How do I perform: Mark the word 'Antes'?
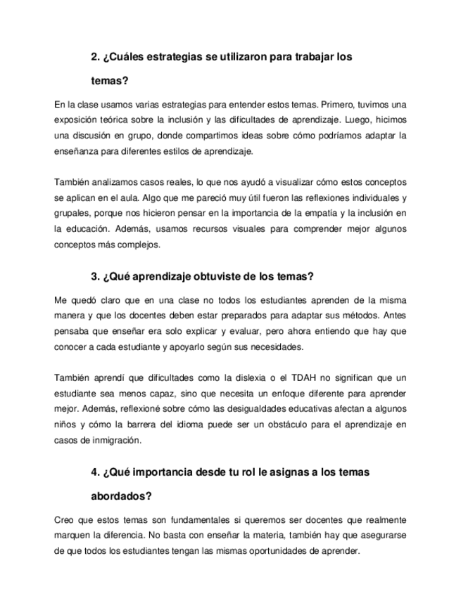coord(395,316)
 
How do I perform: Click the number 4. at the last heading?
coord(96,472)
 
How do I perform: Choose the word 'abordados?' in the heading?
coord(122,495)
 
